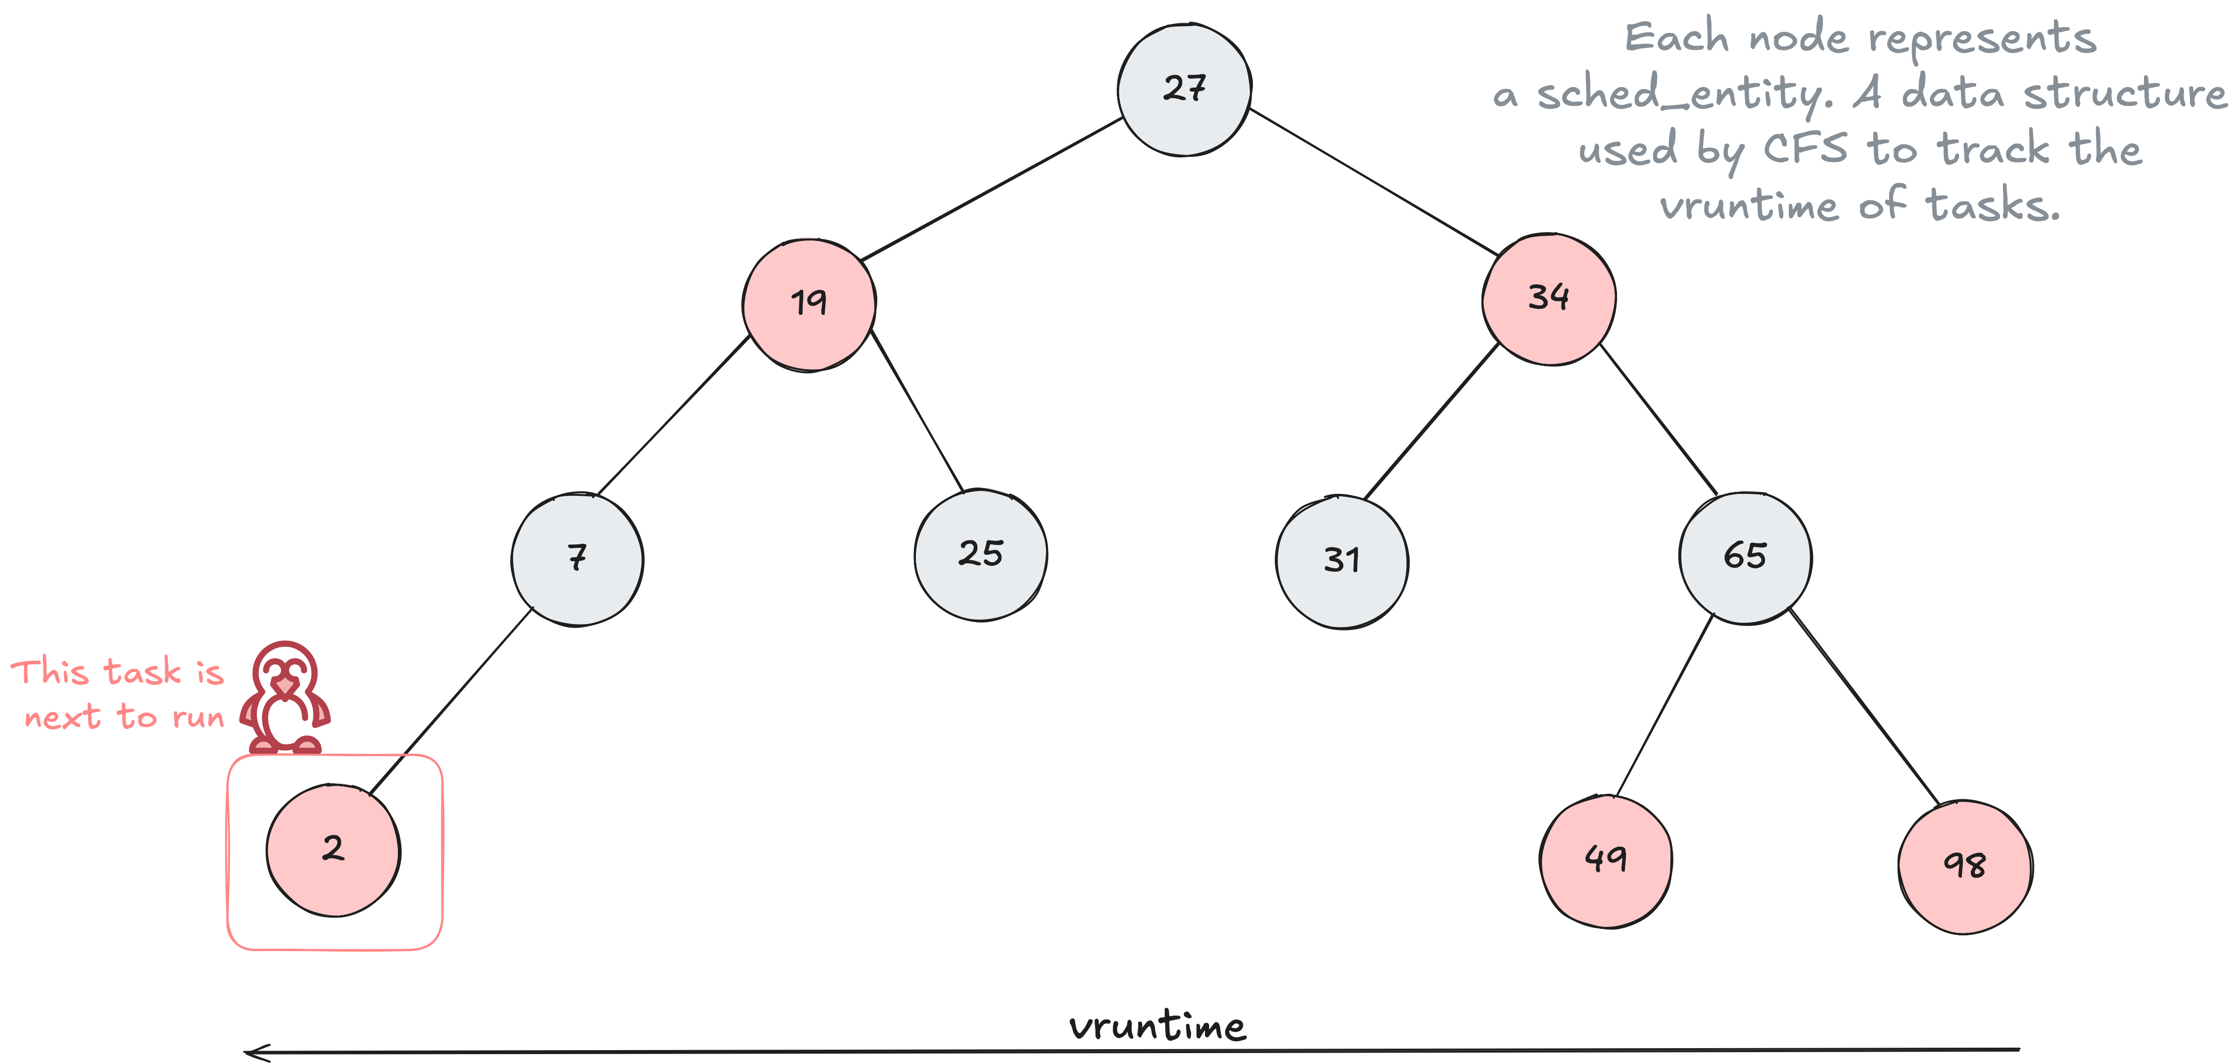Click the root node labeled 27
click(1184, 90)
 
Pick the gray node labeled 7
click(577, 559)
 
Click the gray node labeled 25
click(980, 555)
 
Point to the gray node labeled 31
click(1342, 562)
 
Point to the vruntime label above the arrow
click(1158, 1026)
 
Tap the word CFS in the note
click(1805, 149)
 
